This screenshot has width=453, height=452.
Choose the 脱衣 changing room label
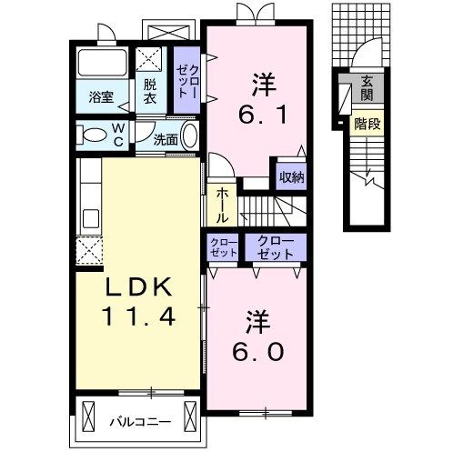(149, 92)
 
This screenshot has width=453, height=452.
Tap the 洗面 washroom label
(165, 140)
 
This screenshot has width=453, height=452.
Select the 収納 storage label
(291, 176)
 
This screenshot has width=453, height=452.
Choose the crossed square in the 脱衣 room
(148, 61)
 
